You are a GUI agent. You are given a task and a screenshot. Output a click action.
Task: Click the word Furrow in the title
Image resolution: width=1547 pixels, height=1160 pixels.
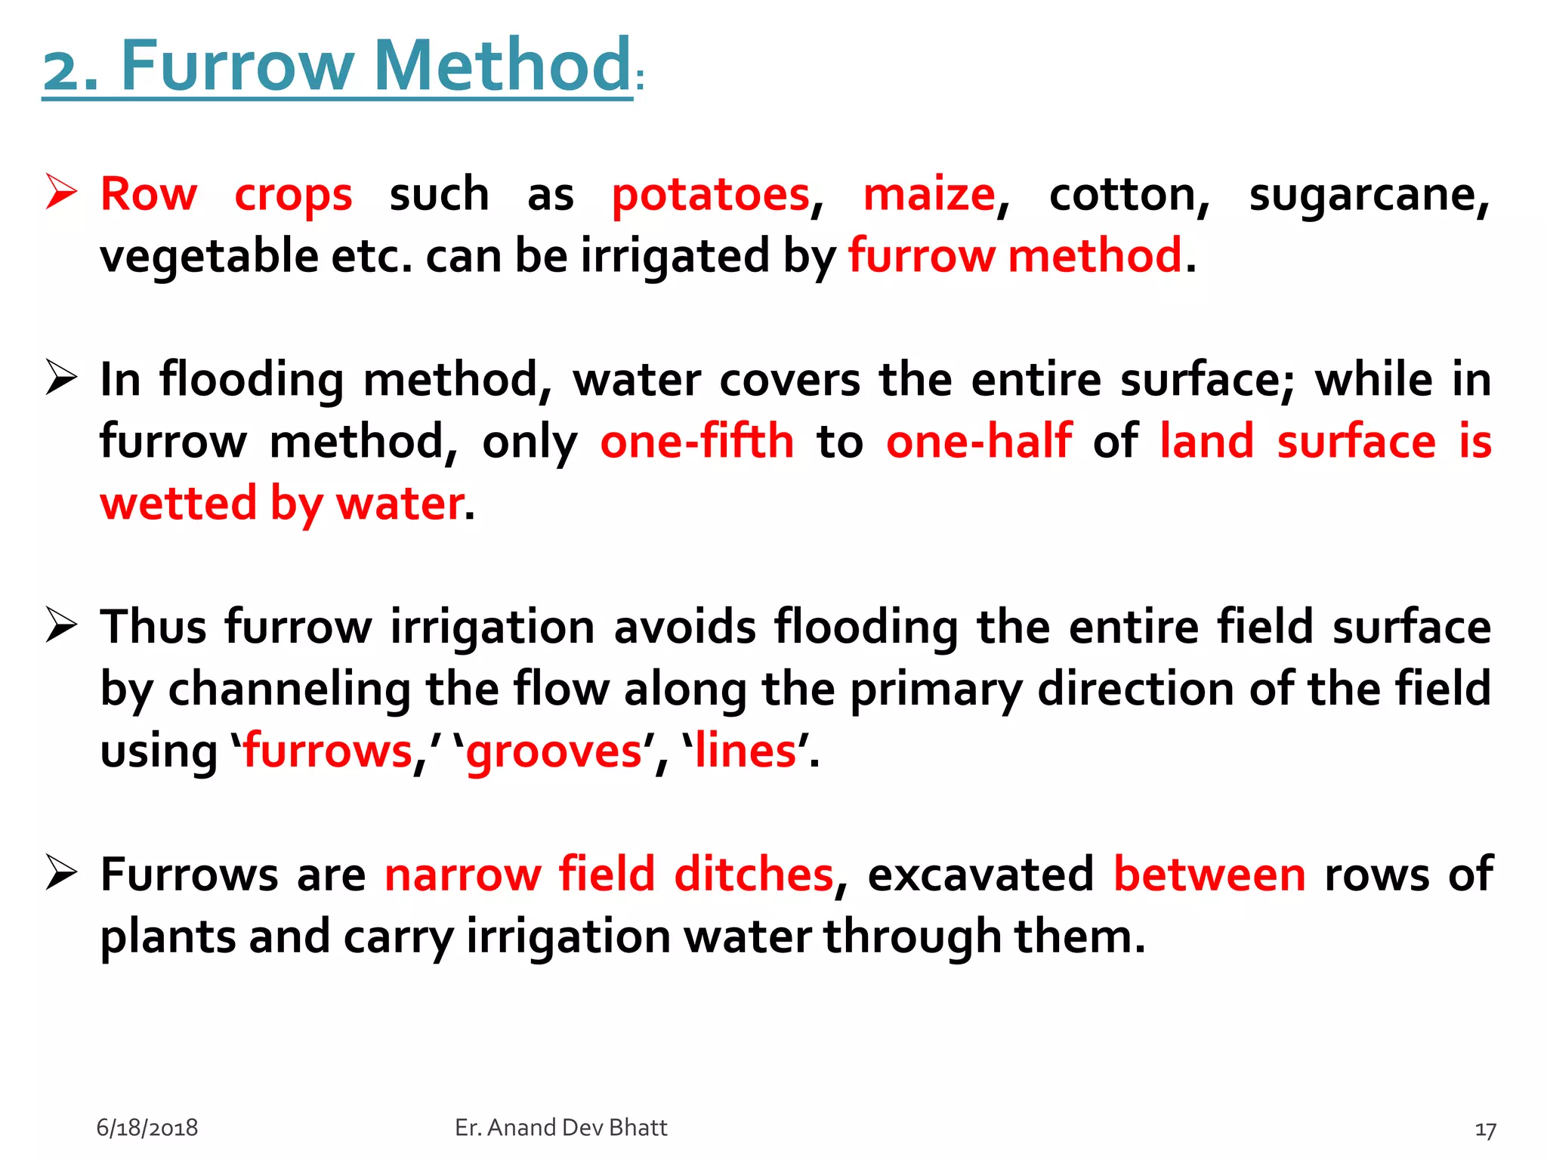click(236, 66)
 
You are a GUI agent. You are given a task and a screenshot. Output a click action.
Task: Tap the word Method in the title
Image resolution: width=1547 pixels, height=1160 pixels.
click(502, 66)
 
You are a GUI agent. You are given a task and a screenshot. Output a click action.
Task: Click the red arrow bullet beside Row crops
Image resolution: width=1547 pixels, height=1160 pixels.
click(60, 192)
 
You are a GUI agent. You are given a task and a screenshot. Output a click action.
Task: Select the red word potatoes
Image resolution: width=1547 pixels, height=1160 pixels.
click(711, 195)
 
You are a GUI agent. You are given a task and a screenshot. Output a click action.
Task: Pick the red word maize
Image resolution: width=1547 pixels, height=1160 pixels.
click(929, 195)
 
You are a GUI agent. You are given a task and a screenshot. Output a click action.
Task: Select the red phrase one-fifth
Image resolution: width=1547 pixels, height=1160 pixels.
click(696, 441)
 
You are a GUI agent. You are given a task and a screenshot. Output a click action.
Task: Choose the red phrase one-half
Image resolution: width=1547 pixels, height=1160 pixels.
click(979, 441)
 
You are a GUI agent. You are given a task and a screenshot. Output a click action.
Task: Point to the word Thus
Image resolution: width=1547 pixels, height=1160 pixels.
click(153, 627)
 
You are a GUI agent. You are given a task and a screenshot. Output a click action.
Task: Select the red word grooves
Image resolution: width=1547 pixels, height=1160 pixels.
click(554, 752)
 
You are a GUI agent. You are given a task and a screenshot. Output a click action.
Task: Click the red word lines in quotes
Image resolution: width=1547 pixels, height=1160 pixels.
click(746, 752)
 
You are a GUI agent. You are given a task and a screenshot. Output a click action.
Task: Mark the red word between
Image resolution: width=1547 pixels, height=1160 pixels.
click(1209, 875)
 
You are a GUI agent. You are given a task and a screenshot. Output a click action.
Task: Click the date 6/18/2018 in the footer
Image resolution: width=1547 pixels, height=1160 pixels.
click(147, 1128)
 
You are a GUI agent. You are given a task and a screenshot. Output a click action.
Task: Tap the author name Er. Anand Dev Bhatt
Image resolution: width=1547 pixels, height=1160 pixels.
click(561, 1128)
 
